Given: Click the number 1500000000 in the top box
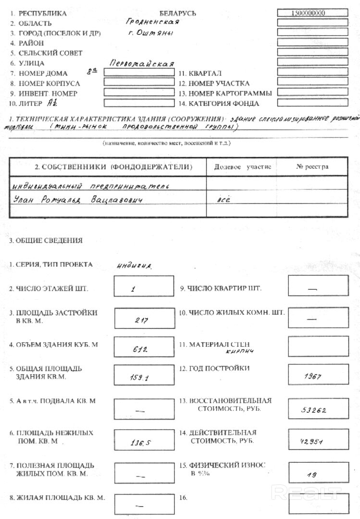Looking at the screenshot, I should click(x=312, y=13).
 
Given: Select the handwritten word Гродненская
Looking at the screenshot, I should click(x=152, y=22).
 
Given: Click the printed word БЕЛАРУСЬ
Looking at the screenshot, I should click(x=177, y=13).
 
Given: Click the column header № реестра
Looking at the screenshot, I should click(x=312, y=167).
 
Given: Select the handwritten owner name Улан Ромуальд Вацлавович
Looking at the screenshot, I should click(x=79, y=199).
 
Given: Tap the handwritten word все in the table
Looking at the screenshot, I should click(x=223, y=199).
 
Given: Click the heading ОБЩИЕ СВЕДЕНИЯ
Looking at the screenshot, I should click(x=47, y=240).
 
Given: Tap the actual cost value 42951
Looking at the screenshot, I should click(x=312, y=442).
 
